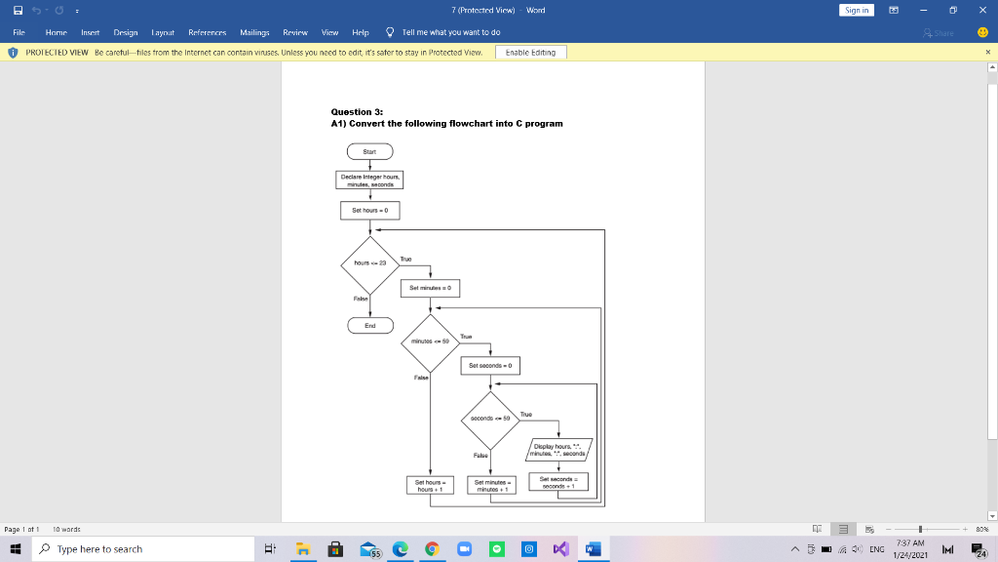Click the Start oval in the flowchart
point(369,151)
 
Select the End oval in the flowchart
point(369,325)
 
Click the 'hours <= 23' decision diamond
point(369,263)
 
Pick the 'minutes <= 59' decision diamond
point(430,341)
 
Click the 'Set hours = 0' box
point(369,210)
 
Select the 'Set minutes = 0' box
point(430,288)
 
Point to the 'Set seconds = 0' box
point(490,365)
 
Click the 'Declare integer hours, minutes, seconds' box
point(369,180)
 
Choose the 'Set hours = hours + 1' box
point(430,485)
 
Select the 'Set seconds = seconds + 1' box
point(559,482)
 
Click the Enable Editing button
point(531,52)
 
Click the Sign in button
point(859,10)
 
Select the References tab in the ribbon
point(208,32)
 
